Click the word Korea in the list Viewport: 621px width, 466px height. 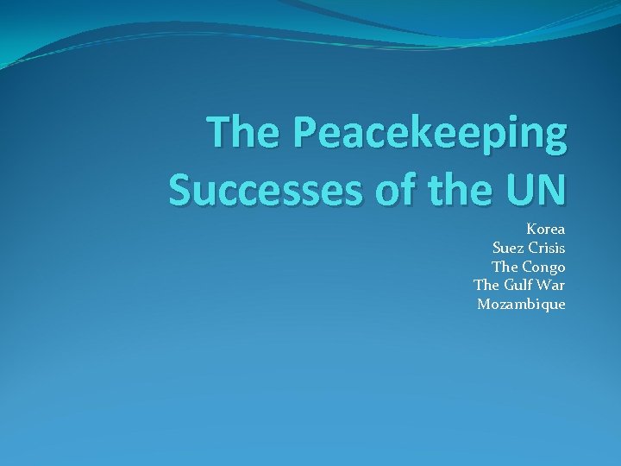(x=545, y=230)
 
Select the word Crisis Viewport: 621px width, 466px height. (x=546, y=249)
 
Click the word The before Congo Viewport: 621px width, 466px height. (x=505, y=267)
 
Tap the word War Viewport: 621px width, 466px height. (x=552, y=285)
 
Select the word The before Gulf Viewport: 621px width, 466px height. (x=486, y=285)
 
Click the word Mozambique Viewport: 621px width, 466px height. (x=521, y=304)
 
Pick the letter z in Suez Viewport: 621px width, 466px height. (x=517, y=249)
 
